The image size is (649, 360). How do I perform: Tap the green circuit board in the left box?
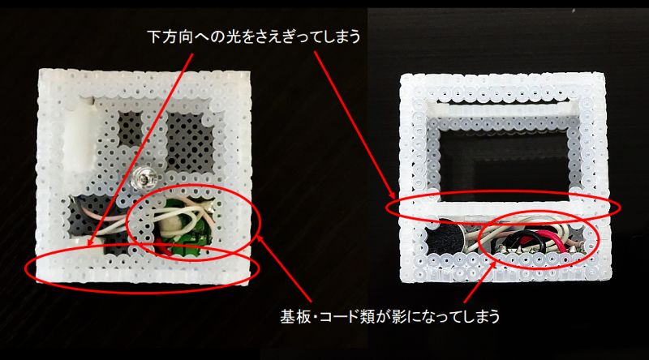tap(192, 232)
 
